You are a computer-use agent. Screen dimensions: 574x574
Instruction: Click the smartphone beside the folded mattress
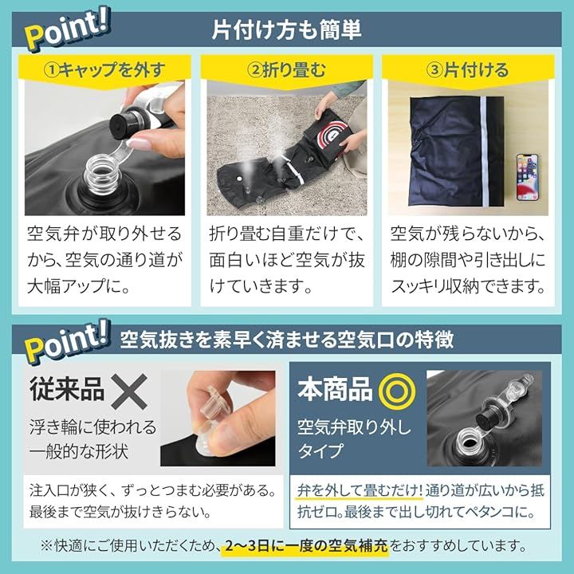(x=528, y=177)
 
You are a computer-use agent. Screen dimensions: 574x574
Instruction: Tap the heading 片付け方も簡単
(x=287, y=29)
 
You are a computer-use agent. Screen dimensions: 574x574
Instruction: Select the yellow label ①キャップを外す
(x=104, y=69)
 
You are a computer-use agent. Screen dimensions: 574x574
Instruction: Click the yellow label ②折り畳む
(x=287, y=69)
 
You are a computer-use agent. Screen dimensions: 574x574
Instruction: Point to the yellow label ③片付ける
(x=468, y=69)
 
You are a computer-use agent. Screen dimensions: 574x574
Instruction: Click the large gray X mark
(x=129, y=391)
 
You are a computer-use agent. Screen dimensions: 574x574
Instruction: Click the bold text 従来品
(x=67, y=389)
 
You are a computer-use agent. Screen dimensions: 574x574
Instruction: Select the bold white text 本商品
(x=335, y=389)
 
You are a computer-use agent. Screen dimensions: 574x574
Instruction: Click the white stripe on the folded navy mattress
(x=485, y=152)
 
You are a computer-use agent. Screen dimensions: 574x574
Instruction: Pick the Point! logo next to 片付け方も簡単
(x=68, y=32)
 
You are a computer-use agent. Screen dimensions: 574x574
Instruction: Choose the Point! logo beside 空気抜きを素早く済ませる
(x=68, y=341)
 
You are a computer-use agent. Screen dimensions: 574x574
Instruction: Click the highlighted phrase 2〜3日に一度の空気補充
(x=306, y=546)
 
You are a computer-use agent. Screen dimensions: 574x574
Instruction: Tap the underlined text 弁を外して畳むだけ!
(x=360, y=490)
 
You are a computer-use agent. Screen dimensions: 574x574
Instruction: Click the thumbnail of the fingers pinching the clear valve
(x=218, y=419)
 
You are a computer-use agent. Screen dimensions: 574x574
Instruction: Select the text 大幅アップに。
(x=79, y=286)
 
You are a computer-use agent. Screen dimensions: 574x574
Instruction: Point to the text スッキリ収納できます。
(x=468, y=286)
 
